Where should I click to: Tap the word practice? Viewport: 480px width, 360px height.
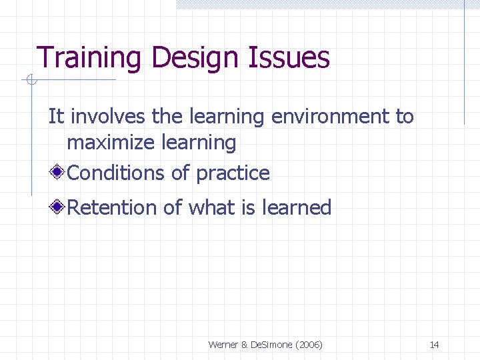coord(233,173)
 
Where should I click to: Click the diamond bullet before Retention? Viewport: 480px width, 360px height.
coord(59,208)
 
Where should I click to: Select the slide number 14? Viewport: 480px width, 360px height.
coord(434,345)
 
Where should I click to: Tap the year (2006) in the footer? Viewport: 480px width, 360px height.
coord(307,345)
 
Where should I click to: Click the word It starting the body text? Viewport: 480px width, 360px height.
coord(56,117)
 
